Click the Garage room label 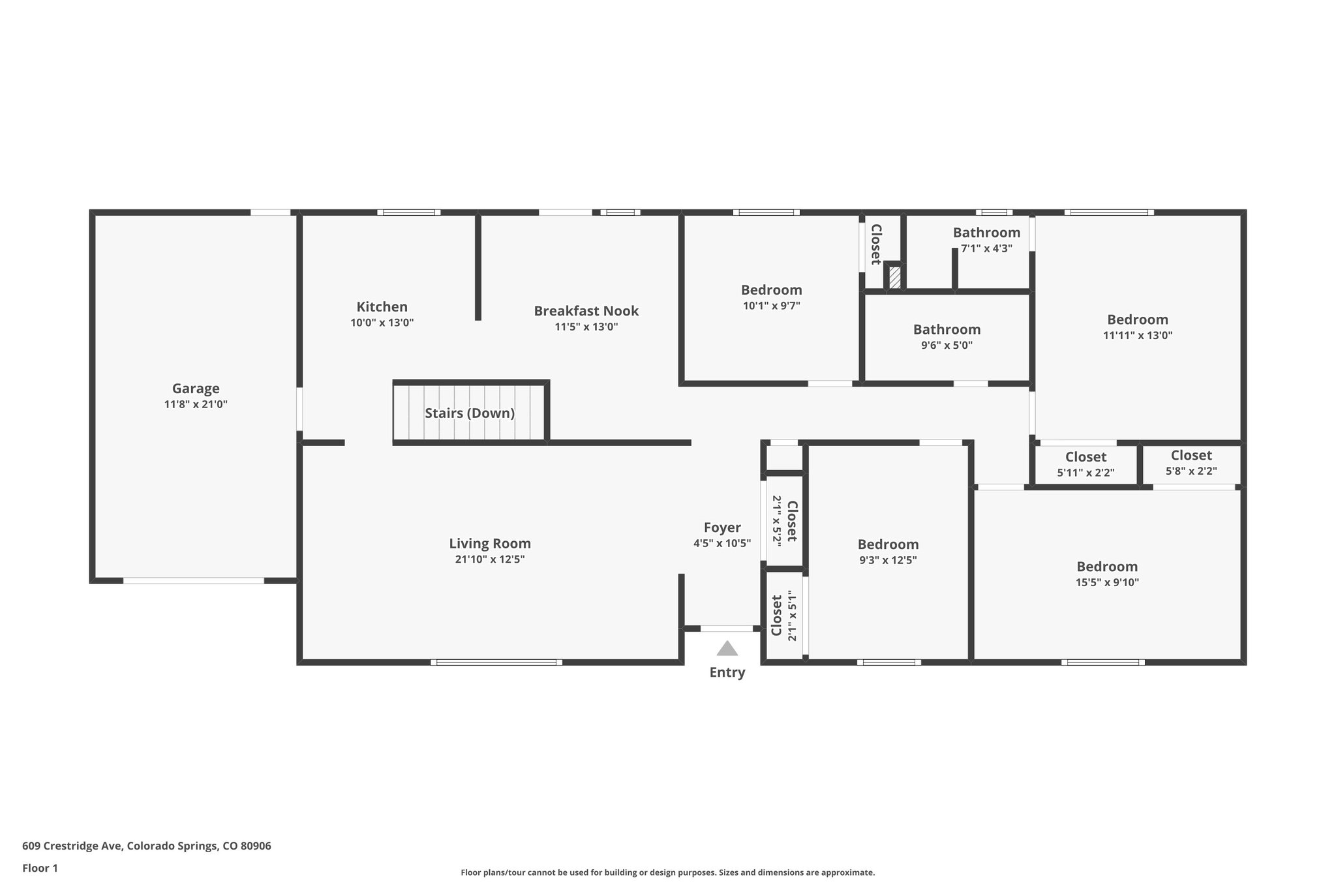[x=196, y=389]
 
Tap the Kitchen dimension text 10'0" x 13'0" [x=382, y=323]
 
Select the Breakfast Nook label [x=586, y=311]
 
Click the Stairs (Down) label [x=470, y=413]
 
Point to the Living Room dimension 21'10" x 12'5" [x=489, y=559]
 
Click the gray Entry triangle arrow [x=727, y=649]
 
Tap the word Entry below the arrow [x=727, y=673]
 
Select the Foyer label [x=721, y=528]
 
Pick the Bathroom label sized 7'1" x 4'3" [x=986, y=233]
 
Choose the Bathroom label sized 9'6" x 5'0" [x=947, y=330]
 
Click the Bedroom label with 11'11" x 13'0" [x=1137, y=319]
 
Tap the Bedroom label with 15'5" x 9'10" [x=1107, y=567]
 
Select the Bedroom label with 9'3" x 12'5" [x=888, y=544]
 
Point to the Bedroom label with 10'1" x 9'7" [x=771, y=290]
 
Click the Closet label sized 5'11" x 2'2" [x=1085, y=457]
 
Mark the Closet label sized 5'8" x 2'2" [x=1191, y=456]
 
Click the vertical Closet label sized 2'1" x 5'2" [x=792, y=521]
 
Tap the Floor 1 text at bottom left [x=40, y=868]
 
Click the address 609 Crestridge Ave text [x=146, y=846]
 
